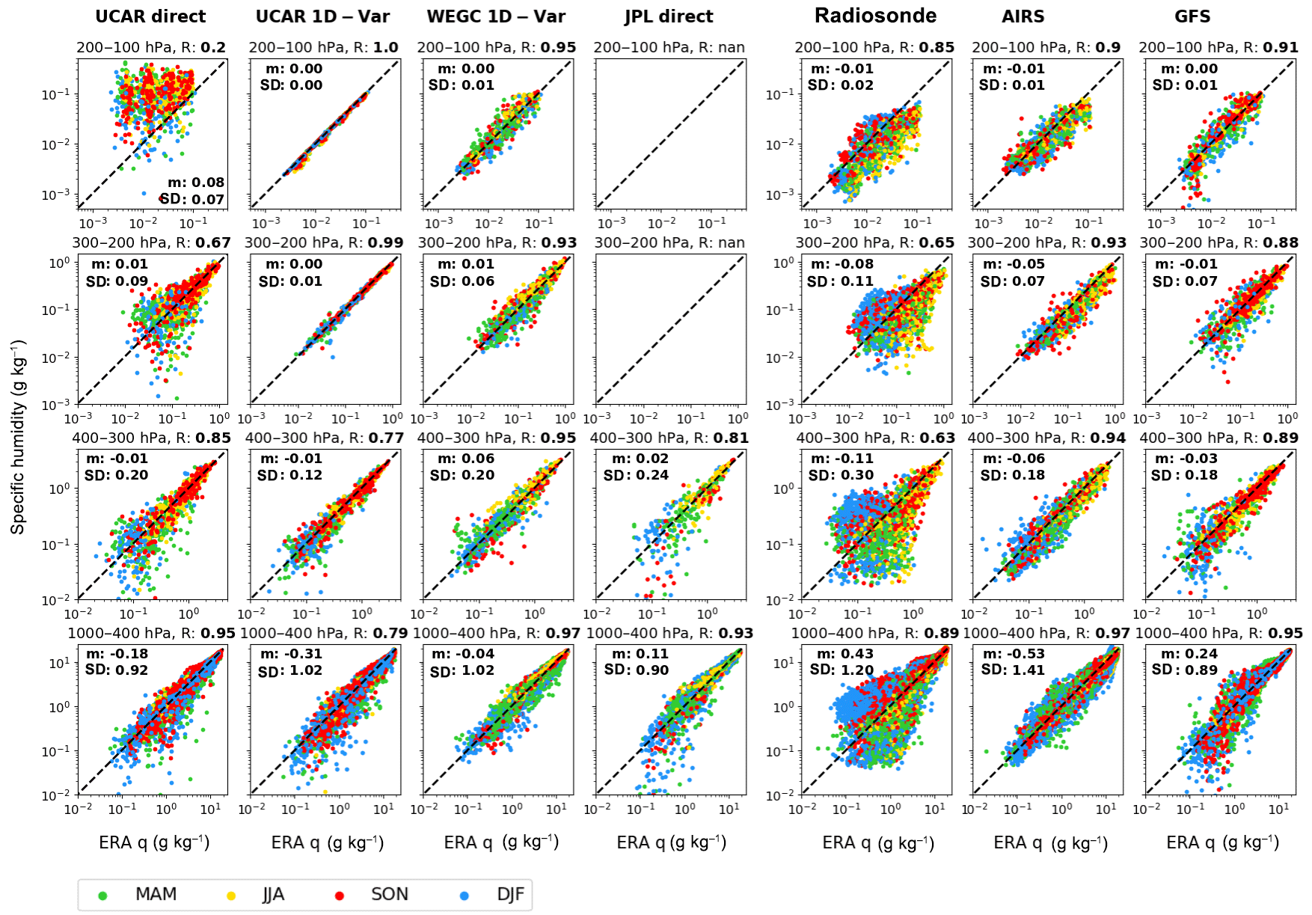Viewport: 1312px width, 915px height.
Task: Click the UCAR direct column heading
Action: tap(150, 16)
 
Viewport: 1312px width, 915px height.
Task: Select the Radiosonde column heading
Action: tap(875, 16)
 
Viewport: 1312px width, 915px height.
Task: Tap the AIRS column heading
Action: tap(1023, 16)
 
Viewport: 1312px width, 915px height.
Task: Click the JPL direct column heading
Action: tap(669, 16)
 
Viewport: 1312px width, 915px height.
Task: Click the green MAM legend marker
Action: tap(103, 896)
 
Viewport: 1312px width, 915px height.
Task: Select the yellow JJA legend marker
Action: tap(232, 896)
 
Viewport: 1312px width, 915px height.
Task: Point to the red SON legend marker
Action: tap(339, 896)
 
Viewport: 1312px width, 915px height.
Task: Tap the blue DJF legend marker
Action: tap(465, 896)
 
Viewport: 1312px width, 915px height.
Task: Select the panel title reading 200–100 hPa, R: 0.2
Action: tap(151, 48)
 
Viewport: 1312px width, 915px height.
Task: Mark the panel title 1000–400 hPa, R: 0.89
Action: tap(874, 633)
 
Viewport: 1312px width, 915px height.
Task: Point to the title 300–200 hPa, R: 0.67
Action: tap(151, 243)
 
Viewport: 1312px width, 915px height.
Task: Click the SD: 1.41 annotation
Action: tap(1014, 670)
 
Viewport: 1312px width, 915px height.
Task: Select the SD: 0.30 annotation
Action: tap(841, 475)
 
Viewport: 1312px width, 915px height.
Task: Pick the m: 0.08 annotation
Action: tap(196, 183)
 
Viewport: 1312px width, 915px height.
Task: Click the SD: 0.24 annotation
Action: tap(636, 475)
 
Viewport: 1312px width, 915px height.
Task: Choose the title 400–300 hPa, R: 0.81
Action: tap(669, 438)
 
